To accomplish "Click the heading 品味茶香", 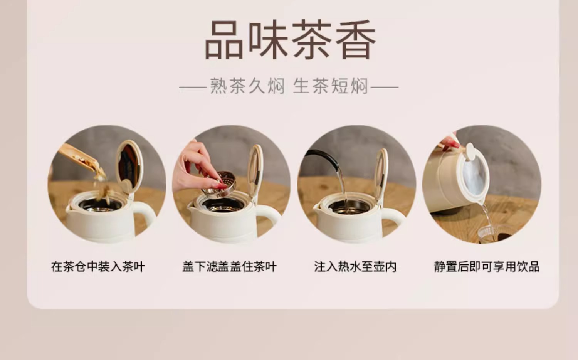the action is pos(290,39).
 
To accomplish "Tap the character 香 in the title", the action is pos(356,39).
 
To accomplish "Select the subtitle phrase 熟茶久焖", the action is pos(247,86).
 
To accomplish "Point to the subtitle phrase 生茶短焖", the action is pos(331,86).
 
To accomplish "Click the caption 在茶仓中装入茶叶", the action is pos(98,267).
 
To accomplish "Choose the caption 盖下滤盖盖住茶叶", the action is pos(229,267).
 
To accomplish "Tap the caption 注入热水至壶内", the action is pos(355,267).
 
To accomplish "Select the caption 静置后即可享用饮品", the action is pos(487,267).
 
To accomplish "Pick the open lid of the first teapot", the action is pos(129,166).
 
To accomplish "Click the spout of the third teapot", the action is pos(318,207).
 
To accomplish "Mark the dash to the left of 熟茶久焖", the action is pos(193,88).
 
